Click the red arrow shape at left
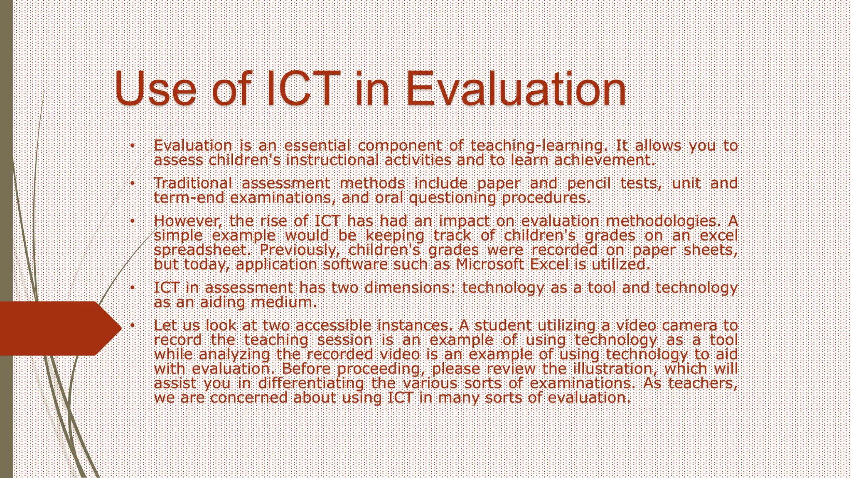(x=58, y=328)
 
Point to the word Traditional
(x=193, y=183)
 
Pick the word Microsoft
(x=490, y=264)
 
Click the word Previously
(x=298, y=250)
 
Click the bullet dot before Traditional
(x=132, y=183)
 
